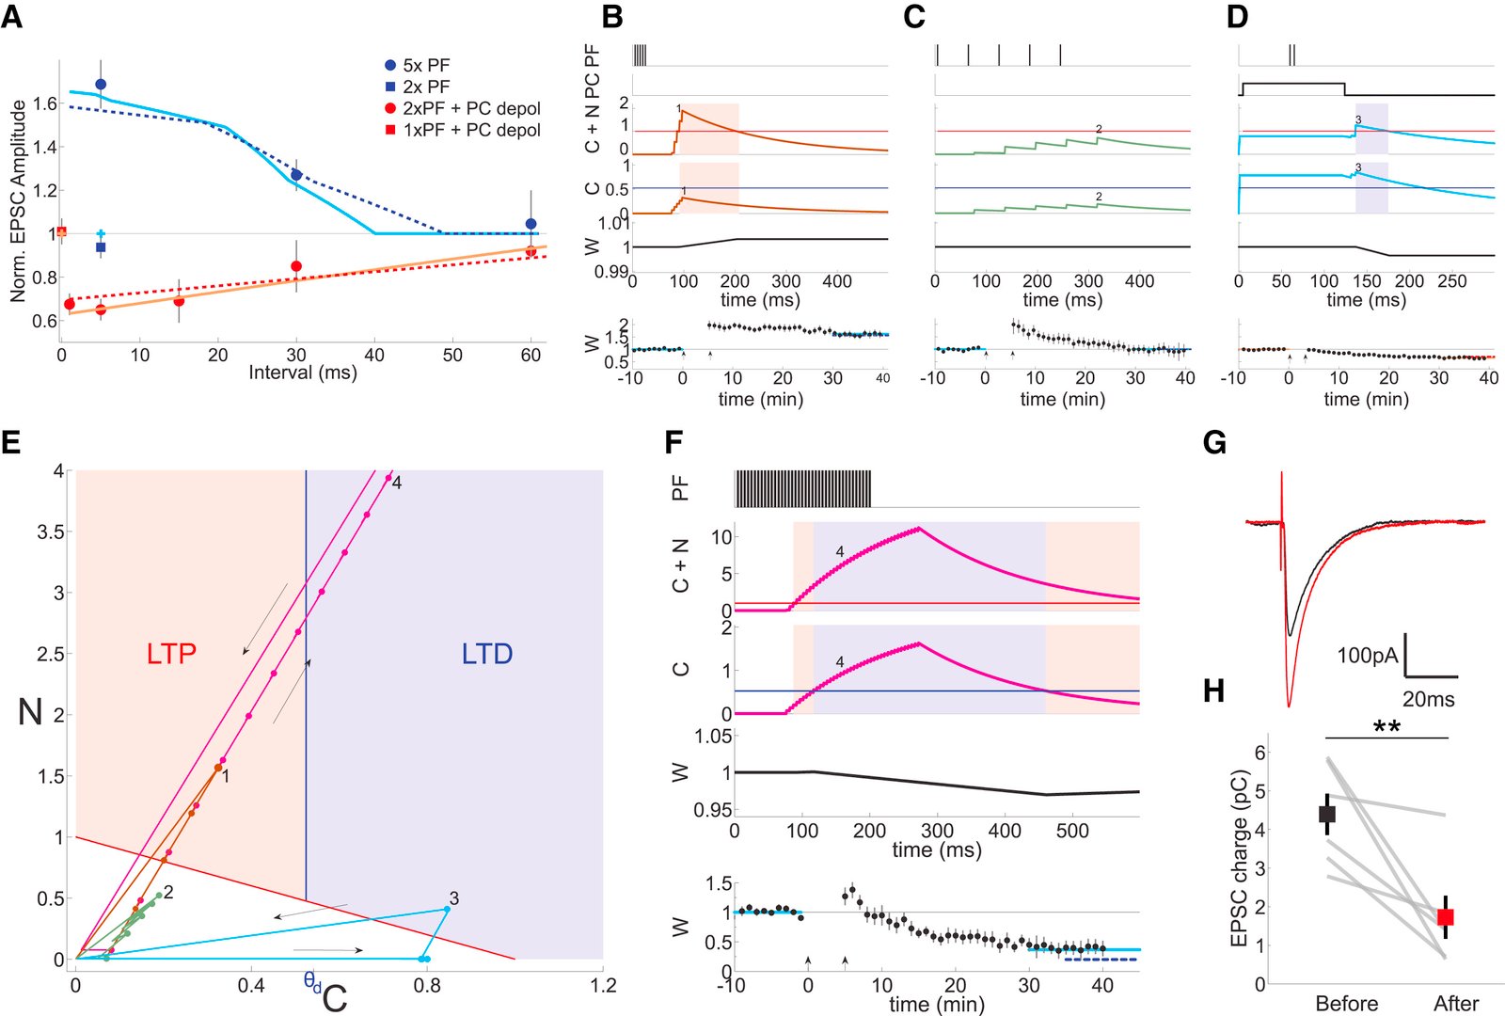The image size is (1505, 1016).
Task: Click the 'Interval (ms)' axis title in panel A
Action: [x=303, y=373]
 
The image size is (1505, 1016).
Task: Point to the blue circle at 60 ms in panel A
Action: [x=531, y=224]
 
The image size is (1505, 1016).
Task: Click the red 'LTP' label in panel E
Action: [x=171, y=654]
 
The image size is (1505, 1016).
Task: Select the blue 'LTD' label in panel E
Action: [x=487, y=654]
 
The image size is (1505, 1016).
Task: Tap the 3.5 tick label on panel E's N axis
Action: [x=51, y=532]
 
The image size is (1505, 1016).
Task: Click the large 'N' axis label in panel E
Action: [x=30, y=712]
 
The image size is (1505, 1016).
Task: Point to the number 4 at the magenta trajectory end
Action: [x=397, y=483]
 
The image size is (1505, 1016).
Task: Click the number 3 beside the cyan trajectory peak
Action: [x=453, y=897]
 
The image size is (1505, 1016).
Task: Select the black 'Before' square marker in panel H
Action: [x=1327, y=814]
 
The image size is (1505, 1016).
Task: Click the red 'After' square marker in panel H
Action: [x=1446, y=916]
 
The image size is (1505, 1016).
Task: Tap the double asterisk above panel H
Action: [x=1386, y=727]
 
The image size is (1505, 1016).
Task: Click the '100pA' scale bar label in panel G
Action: [x=1368, y=655]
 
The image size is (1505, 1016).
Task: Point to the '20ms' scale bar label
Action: [x=1428, y=699]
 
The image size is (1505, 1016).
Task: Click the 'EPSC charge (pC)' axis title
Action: [x=1239, y=858]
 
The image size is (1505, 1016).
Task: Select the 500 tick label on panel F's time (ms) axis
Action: [x=1072, y=831]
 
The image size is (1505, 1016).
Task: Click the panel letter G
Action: [x=1214, y=442]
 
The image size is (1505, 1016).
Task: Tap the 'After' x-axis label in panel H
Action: [x=1455, y=1003]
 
